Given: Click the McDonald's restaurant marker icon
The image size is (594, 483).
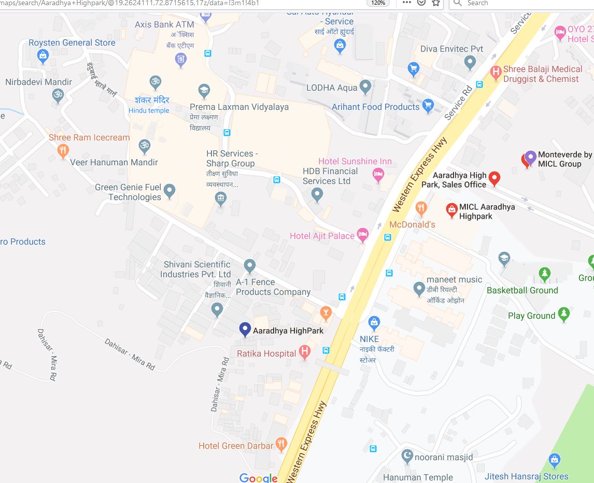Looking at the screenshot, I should [421, 209].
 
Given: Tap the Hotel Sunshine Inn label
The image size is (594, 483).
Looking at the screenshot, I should [355, 161].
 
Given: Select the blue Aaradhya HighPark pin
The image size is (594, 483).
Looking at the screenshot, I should [245, 330].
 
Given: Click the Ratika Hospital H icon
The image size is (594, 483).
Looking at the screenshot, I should [305, 352].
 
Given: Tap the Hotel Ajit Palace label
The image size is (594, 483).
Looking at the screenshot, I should [322, 236].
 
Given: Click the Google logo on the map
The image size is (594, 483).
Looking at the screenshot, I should [259, 478].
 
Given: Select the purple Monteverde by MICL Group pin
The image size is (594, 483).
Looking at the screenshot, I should [530, 157].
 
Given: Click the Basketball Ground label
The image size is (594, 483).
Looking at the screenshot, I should [522, 290].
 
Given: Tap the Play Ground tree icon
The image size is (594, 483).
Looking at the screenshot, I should [564, 314].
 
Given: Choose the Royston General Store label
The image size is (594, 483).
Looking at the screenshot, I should [72, 42].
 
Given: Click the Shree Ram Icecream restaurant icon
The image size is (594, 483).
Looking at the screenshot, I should [63, 150].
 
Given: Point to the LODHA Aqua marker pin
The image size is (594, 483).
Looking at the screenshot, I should [365, 87].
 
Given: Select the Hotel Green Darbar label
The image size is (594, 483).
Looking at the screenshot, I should [236, 446].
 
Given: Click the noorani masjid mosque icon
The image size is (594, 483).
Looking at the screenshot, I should [408, 456].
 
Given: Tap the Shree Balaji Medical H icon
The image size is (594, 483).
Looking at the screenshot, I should [496, 73].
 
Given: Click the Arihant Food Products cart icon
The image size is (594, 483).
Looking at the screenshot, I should [428, 106].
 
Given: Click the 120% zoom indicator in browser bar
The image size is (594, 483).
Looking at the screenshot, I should [378, 3].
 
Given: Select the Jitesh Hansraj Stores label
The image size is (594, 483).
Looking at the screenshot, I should [526, 476].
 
